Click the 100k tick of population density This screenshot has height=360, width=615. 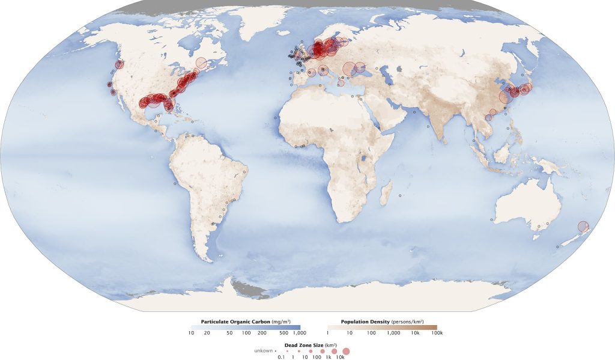pos(437,332)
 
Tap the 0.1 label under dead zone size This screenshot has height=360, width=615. pos(281,357)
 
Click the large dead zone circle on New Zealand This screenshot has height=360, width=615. pos(583,227)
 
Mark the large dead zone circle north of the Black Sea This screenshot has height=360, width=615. pos(349,69)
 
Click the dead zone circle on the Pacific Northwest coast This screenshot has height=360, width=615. pos(120,64)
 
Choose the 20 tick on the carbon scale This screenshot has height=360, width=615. pos(207,332)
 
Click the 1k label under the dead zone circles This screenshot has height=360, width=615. pos(329,357)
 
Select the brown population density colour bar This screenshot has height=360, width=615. pos(382,327)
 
